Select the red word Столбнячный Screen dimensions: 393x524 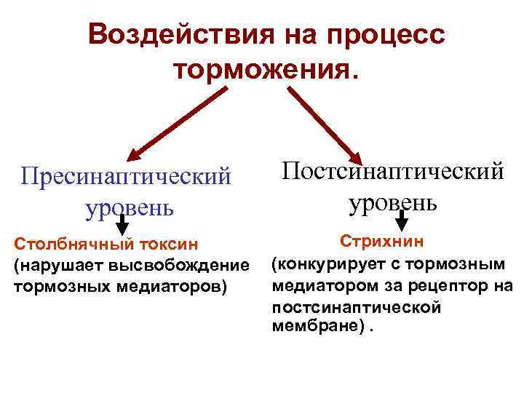pyautogui.click(x=65, y=242)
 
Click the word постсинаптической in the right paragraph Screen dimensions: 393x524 pyautogui.click(x=356, y=306)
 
